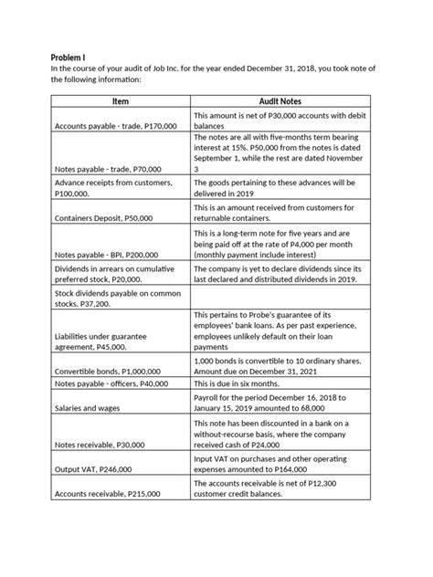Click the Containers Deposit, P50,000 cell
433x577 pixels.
click(103, 219)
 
